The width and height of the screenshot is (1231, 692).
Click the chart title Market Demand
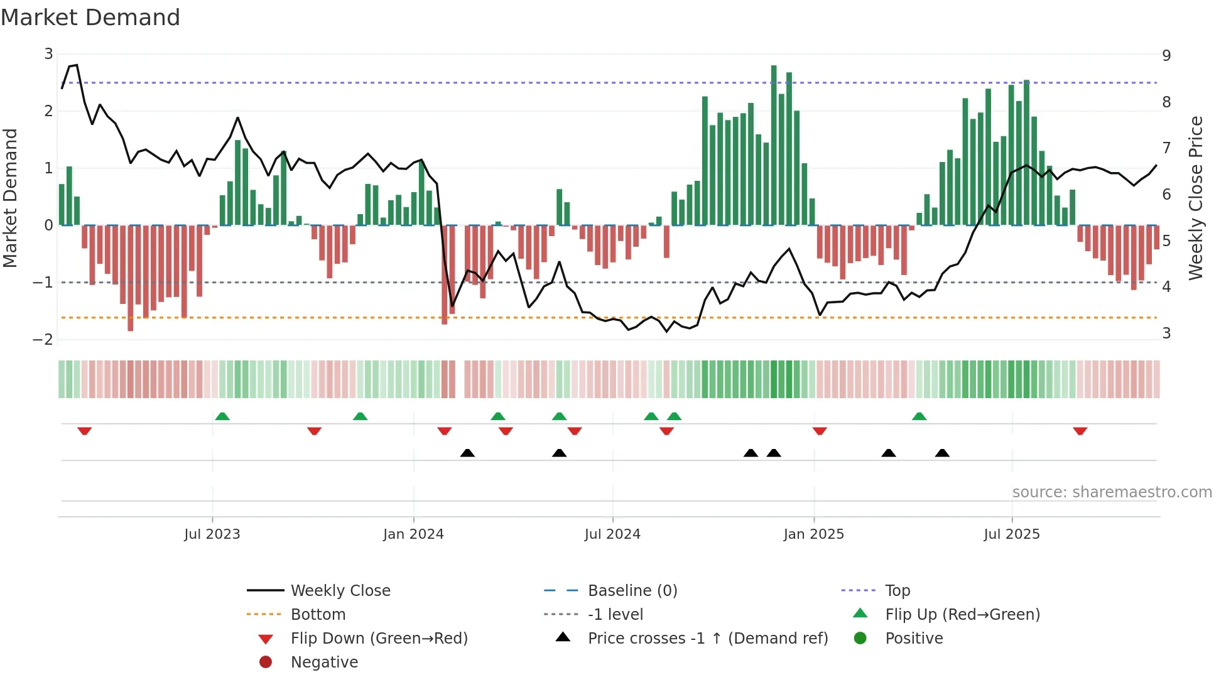coord(90,18)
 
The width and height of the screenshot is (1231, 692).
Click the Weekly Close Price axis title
coord(1196,198)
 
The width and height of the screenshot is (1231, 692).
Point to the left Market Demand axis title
coord(10,198)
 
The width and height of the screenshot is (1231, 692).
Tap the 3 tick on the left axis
coord(48,54)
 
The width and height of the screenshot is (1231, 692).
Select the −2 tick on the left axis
coord(44,340)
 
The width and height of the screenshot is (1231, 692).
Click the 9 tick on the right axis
coord(1166,55)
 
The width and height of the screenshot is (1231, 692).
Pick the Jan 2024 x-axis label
coord(413,534)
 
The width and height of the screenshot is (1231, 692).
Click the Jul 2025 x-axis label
coord(1012,534)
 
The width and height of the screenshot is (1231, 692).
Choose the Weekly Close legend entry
coord(340,591)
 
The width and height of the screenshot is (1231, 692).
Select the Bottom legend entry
coord(318,615)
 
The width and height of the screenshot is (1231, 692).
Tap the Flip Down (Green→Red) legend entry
coord(379,639)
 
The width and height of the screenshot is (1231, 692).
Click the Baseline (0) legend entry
coord(632,591)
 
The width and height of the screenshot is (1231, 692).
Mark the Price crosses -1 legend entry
coord(707,639)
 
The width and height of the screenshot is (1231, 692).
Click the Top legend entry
coord(897,591)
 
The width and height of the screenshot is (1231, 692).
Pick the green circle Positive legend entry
coord(913,639)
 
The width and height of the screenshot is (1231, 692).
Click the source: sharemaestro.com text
coord(1112,492)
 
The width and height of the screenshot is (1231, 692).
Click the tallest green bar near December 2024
coord(774,144)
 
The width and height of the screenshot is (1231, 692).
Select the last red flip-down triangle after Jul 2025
coord(1080,431)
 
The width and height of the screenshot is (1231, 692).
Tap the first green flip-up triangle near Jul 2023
coord(222,416)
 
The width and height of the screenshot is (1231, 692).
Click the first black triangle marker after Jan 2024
coord(467,453)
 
